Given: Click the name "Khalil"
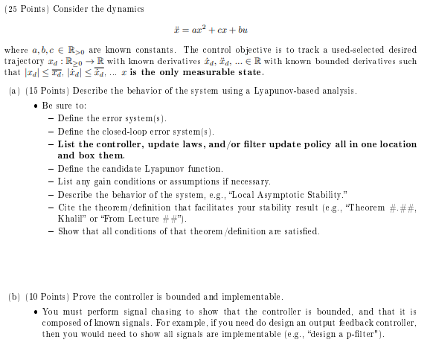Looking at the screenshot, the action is coord(70,219).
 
